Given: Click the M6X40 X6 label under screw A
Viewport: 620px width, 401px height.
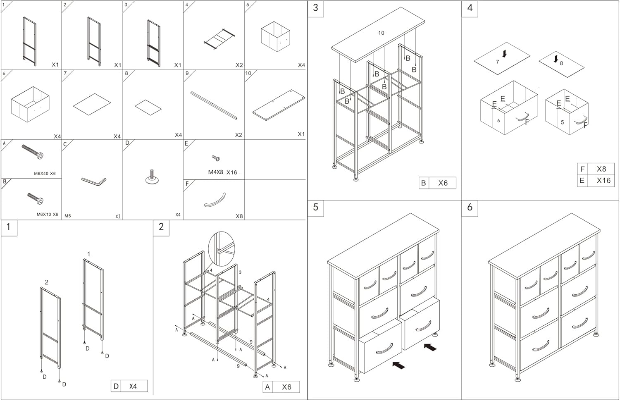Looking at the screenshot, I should tap(45, 174).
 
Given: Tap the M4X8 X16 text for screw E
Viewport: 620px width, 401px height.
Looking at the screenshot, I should tap(222, 172).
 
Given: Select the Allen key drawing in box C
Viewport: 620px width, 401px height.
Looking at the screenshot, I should tap(94, 181).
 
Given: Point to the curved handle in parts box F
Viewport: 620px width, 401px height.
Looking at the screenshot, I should tap(215, 200).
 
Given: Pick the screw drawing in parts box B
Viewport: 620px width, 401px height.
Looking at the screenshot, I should tap(35, 198).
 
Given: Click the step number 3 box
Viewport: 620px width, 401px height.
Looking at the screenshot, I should tap(316, 8).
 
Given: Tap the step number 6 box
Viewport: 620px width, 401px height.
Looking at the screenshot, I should tap(470, 208).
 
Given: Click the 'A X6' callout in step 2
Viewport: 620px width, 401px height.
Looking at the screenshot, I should tap(281, 387).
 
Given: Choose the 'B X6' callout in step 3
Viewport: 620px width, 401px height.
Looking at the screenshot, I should tap(437, 183).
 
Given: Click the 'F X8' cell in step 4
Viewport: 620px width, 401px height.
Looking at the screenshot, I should tap(596, 169).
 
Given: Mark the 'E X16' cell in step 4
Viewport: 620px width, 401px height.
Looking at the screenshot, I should tap(596, 181).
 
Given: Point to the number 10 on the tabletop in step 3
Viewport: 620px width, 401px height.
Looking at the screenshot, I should tap(381, 33).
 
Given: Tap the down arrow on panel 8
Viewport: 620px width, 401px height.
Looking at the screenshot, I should tap(556, 59).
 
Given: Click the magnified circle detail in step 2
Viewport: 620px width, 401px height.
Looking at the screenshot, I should tap(222, 249).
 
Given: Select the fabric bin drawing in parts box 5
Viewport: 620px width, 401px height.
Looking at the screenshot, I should tap(275, 37).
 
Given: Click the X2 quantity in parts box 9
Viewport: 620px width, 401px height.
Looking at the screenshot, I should tap(238, 135).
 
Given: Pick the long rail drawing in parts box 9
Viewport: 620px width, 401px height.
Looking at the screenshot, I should tap(214, 105).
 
